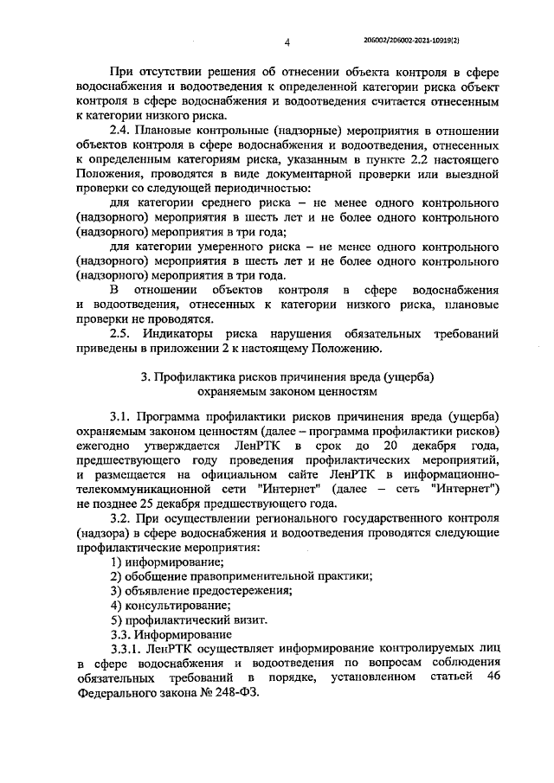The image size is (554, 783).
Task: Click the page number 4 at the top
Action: point(287,40)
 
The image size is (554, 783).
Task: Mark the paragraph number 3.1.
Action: point(124,416)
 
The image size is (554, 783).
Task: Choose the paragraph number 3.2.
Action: point(124,520)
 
